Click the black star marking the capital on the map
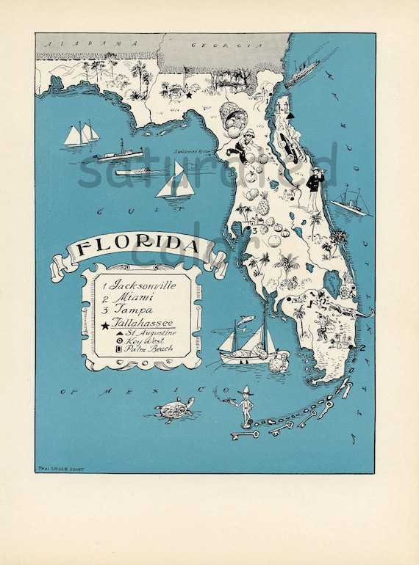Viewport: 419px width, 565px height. pyautogui.click(x=188, y=95)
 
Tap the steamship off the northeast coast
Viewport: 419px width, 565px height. pyautogui.click(x=302, y=71)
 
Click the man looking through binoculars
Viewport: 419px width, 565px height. pyautogui.click(x=315, y=187)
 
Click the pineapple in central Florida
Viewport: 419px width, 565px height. pyautogui.click(x=263, y=205)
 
